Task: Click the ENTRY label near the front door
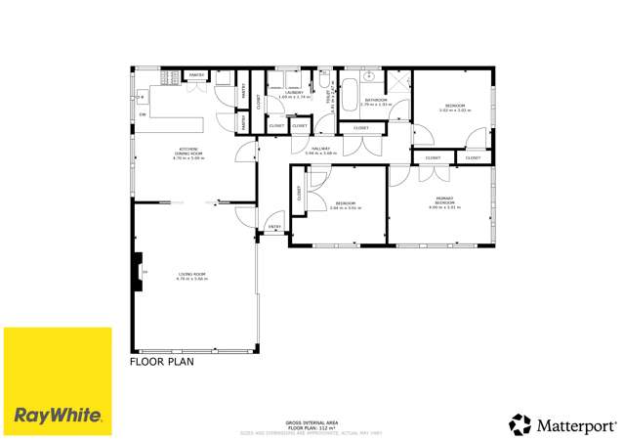(x=274, y=227)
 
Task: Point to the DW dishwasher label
(x=143, y=115)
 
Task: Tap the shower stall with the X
(x=399, y=80)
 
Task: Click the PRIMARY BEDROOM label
(x=444, y=202)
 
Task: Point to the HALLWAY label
(x=320, y=151)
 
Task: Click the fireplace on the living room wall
(x=138, y=266)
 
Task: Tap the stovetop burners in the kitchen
(x=141, y=97)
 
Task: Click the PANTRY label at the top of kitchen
(x=195, y=74)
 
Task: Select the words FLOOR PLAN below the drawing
(x=162, y=361)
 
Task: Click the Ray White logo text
(x=58, y=415)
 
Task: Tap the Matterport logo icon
(x=520, y=423)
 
